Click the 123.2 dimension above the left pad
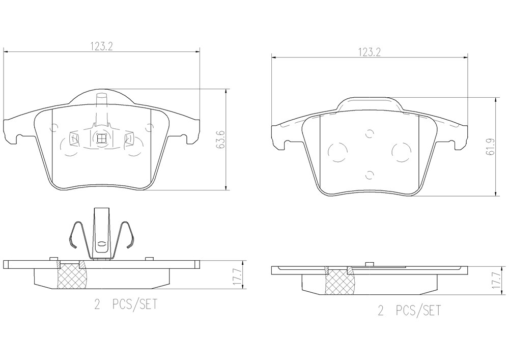click(101, 47)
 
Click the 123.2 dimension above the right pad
click(369, 52)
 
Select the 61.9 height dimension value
click(491, 146)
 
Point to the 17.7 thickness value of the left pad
click(239, 277)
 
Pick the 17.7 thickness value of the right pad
click(495, 281)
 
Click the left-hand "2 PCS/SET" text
click(125, 304)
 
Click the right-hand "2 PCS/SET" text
click(409, 310)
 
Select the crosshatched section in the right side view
click(340, 281)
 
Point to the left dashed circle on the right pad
click(337, 152)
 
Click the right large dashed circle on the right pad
click(402, 152)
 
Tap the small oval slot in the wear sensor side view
click(102, 243)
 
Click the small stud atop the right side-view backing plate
click(368, 264)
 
